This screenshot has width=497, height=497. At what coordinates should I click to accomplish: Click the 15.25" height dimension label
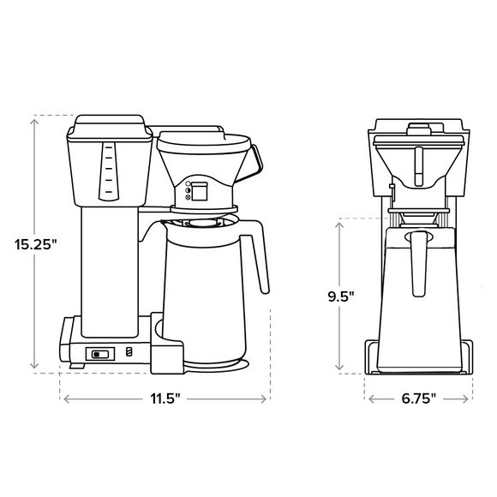coord(35,244)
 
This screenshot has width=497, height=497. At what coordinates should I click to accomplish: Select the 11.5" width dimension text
coord(165,399)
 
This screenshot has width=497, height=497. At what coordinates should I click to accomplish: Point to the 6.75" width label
coord(419,399)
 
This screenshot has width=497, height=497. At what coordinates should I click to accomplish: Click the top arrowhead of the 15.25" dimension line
coord(35,119)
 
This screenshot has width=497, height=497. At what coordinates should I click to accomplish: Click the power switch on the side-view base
coord(101,352)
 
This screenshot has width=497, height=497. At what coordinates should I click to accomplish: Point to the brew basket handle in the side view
coord(250,161)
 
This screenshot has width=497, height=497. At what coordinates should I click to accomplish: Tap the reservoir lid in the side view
coord(109,126)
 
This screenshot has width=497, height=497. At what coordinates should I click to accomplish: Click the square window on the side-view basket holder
coord(198,192)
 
